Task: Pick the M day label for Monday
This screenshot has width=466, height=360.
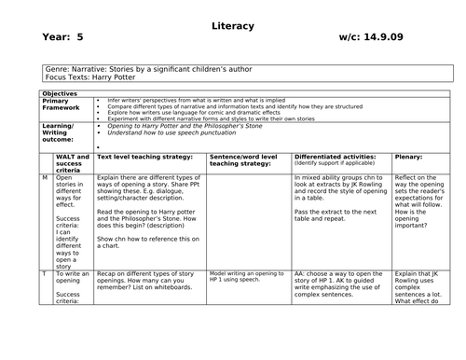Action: pyautogui.click(x=45, y=177)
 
